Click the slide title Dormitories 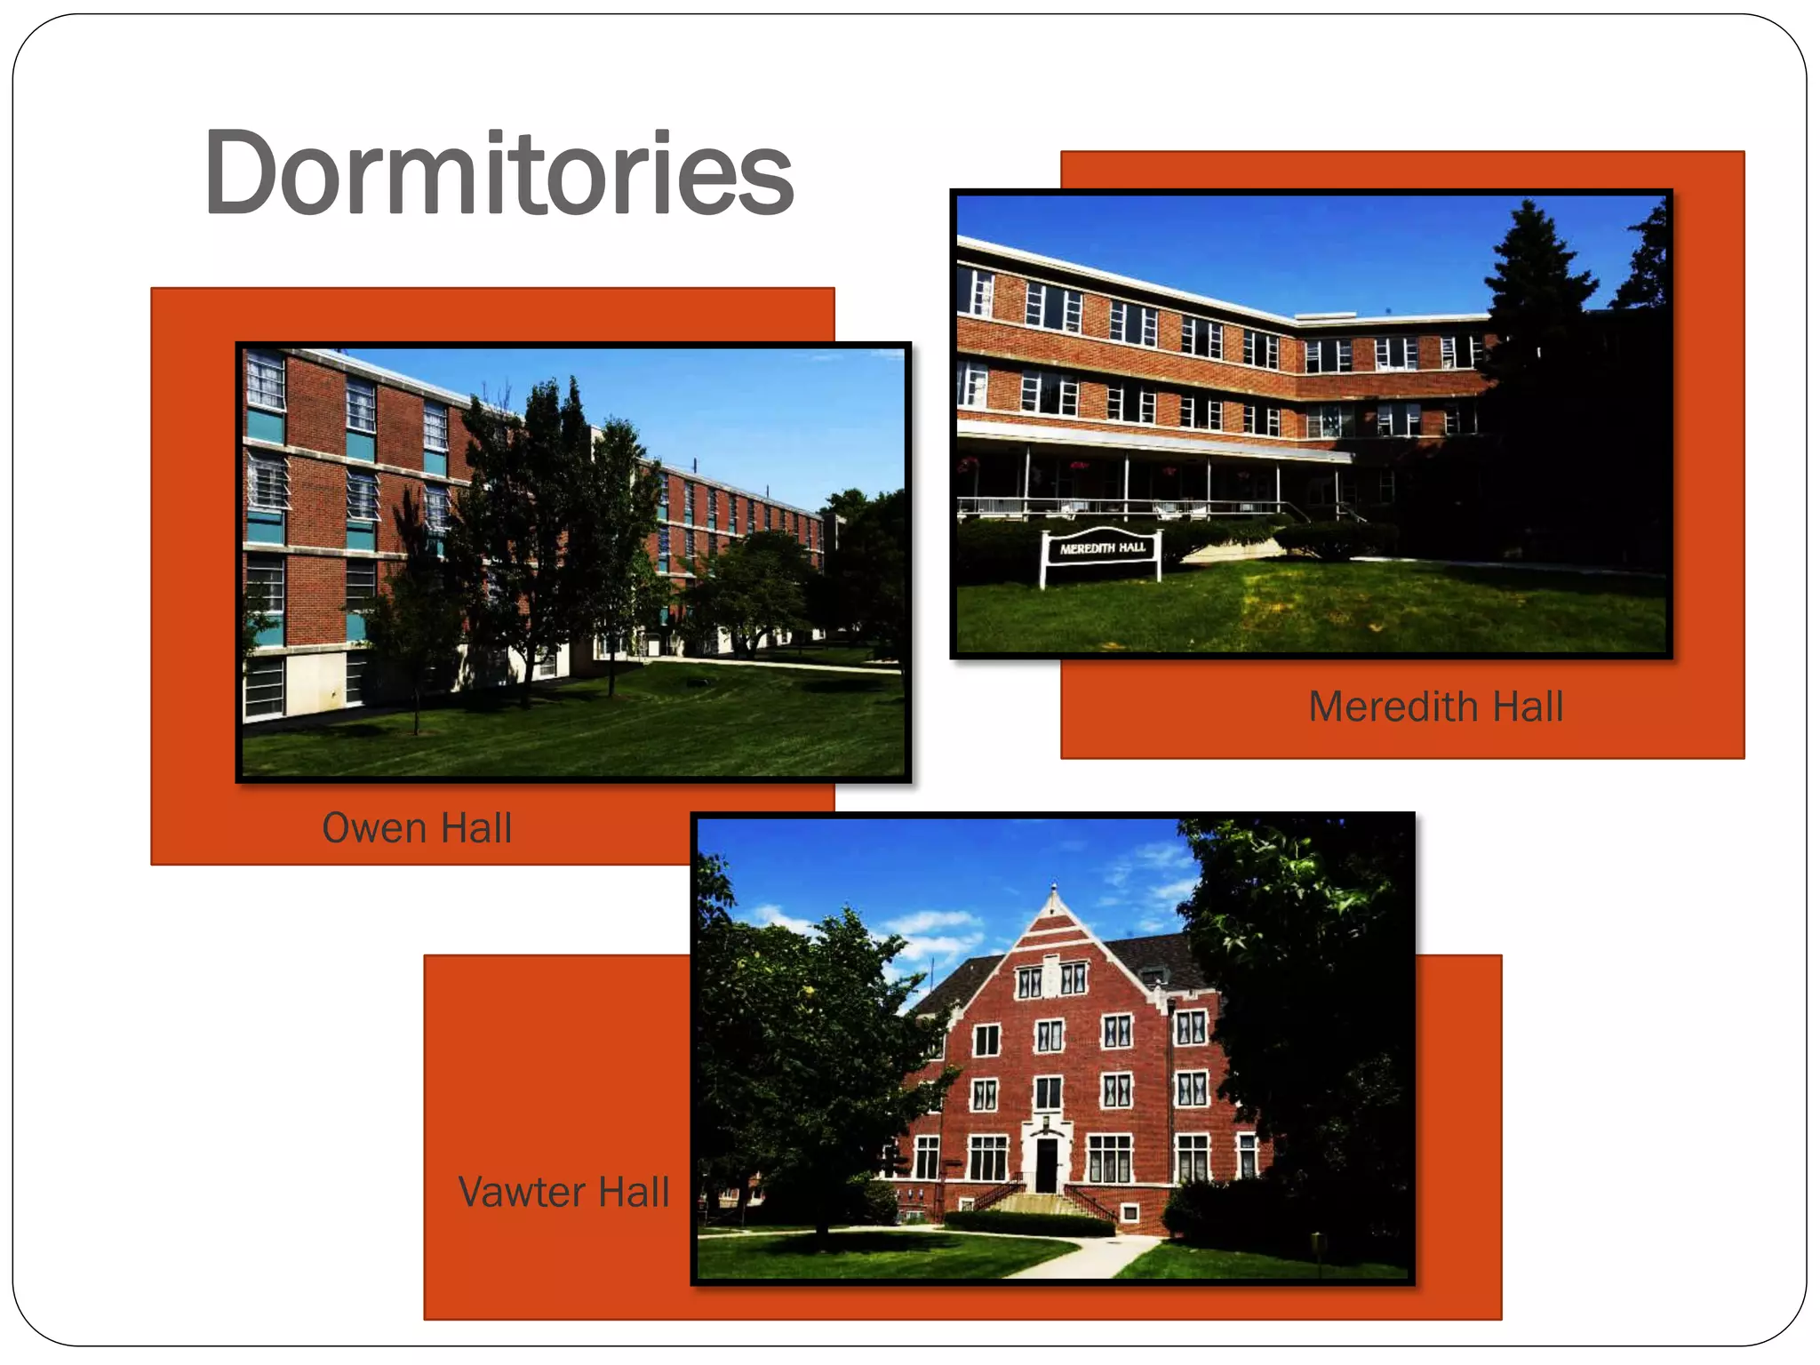pos(498,173)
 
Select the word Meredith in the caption pos(1392,707)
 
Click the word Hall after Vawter pos(634,1193)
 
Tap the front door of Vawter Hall pos(1047,1164)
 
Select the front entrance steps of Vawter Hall pos(1044,1203)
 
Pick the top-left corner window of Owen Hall pos(264,380)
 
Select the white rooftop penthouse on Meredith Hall pos(1324,317)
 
